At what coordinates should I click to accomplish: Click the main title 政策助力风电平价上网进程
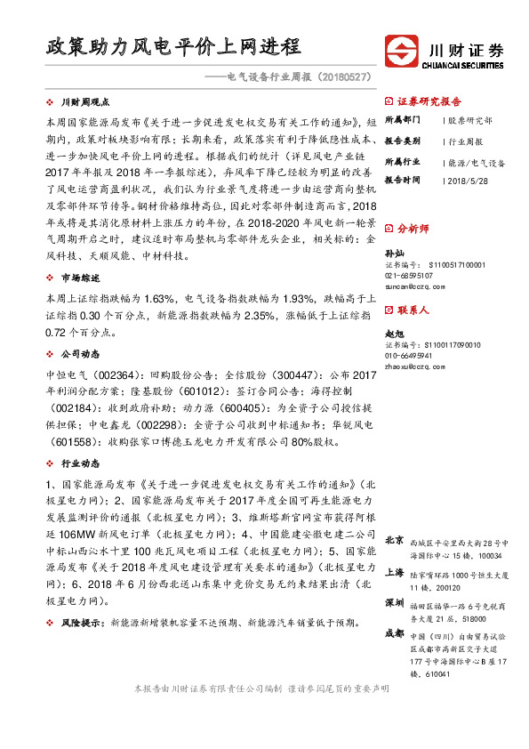pos(173,46)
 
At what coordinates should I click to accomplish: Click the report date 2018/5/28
pos(469,180)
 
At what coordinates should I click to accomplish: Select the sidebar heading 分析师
pos(413,229)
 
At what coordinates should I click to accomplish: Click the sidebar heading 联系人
pos(413,310)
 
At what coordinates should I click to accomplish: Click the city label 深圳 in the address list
pos(396,603)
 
